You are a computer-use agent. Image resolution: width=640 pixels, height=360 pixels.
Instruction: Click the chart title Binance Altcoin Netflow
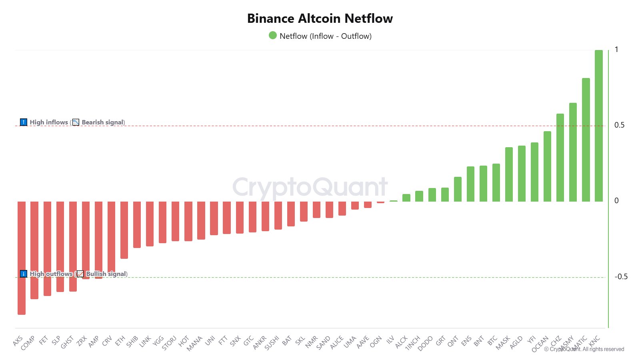320,18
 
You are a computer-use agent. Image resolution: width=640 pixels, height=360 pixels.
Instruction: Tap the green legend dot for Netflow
273,36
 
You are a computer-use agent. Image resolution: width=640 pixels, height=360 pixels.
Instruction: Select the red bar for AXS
22,258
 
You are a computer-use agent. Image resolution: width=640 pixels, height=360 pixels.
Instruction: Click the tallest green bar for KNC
598,126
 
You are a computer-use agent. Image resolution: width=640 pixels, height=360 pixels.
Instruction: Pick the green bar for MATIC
586,140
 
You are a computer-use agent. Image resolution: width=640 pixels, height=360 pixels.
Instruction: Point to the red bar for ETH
124,230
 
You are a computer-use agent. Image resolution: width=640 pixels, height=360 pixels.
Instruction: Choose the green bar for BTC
496,182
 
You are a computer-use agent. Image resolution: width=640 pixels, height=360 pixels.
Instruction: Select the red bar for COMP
34,250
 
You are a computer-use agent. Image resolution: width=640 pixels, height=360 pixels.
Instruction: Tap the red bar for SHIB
137,224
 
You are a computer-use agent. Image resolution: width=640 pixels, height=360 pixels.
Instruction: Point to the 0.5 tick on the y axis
619,125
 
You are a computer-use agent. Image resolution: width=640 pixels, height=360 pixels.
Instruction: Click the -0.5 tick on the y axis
621,277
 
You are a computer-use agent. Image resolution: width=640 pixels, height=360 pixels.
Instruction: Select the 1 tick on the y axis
616,50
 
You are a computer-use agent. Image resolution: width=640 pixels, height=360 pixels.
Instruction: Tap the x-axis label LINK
145,341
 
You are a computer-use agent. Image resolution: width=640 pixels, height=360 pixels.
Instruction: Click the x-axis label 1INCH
412,343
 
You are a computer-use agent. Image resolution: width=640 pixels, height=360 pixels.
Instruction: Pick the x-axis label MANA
194,343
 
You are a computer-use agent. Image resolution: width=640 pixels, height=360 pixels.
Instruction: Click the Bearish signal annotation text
103,122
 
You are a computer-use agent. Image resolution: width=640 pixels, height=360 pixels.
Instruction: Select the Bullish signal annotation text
106,274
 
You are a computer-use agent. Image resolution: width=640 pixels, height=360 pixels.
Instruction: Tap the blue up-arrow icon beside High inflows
24,122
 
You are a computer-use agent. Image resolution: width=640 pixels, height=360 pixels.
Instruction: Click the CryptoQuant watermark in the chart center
310,187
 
